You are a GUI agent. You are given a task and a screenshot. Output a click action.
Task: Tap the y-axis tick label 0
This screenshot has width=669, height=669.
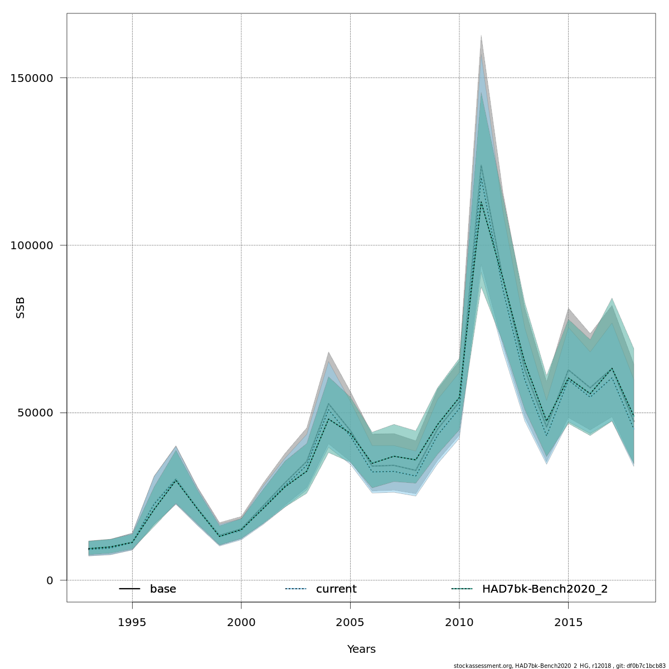pyautogui.click(x=50, y=580)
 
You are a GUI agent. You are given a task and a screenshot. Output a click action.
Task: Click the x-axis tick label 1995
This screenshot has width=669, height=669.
pyautogui.click(x=132, y=622)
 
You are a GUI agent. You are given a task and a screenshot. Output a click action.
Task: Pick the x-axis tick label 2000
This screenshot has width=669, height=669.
pyautogui.click(x=241, y=622)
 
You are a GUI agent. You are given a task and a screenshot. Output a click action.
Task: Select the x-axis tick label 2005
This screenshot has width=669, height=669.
pyautogui.click(x=350, y=622)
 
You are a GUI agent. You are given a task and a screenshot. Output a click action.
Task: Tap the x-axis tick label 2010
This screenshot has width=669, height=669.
pyautogui.click(x=459, y=622)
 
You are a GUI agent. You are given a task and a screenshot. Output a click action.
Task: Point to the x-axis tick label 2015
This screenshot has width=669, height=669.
pyautogui.click(x=568, y=622)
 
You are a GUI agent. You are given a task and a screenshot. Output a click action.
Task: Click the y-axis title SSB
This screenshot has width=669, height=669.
pyautogui.click(x=21, y=308)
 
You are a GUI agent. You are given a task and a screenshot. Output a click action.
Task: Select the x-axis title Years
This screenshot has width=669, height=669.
pyautogui.click(x=361, y=649)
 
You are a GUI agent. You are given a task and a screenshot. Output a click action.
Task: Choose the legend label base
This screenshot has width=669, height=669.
pyautogui.click(x=163, y=589)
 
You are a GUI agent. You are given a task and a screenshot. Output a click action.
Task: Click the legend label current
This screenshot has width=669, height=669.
pyautogui.click(x=336, y=589)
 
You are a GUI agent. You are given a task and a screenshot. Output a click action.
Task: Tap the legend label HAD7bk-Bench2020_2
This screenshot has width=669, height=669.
pyautogui.click(x=545, y=589)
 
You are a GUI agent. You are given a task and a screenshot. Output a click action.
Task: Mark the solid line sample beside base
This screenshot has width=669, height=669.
pyautogui.click(x=129, y=589)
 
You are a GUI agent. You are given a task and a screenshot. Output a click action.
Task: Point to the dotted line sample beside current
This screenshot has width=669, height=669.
pyautogui.click(x=295, y=589)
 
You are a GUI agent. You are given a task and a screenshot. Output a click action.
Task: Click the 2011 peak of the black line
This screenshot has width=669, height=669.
pyautogui.click(x=481, y=201)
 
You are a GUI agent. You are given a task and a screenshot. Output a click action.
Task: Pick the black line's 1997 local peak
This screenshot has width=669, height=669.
pyautogui.click(x=176, y=480)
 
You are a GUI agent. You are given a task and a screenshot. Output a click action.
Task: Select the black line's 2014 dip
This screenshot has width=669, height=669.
pyautogui.click(x=546, y=422)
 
